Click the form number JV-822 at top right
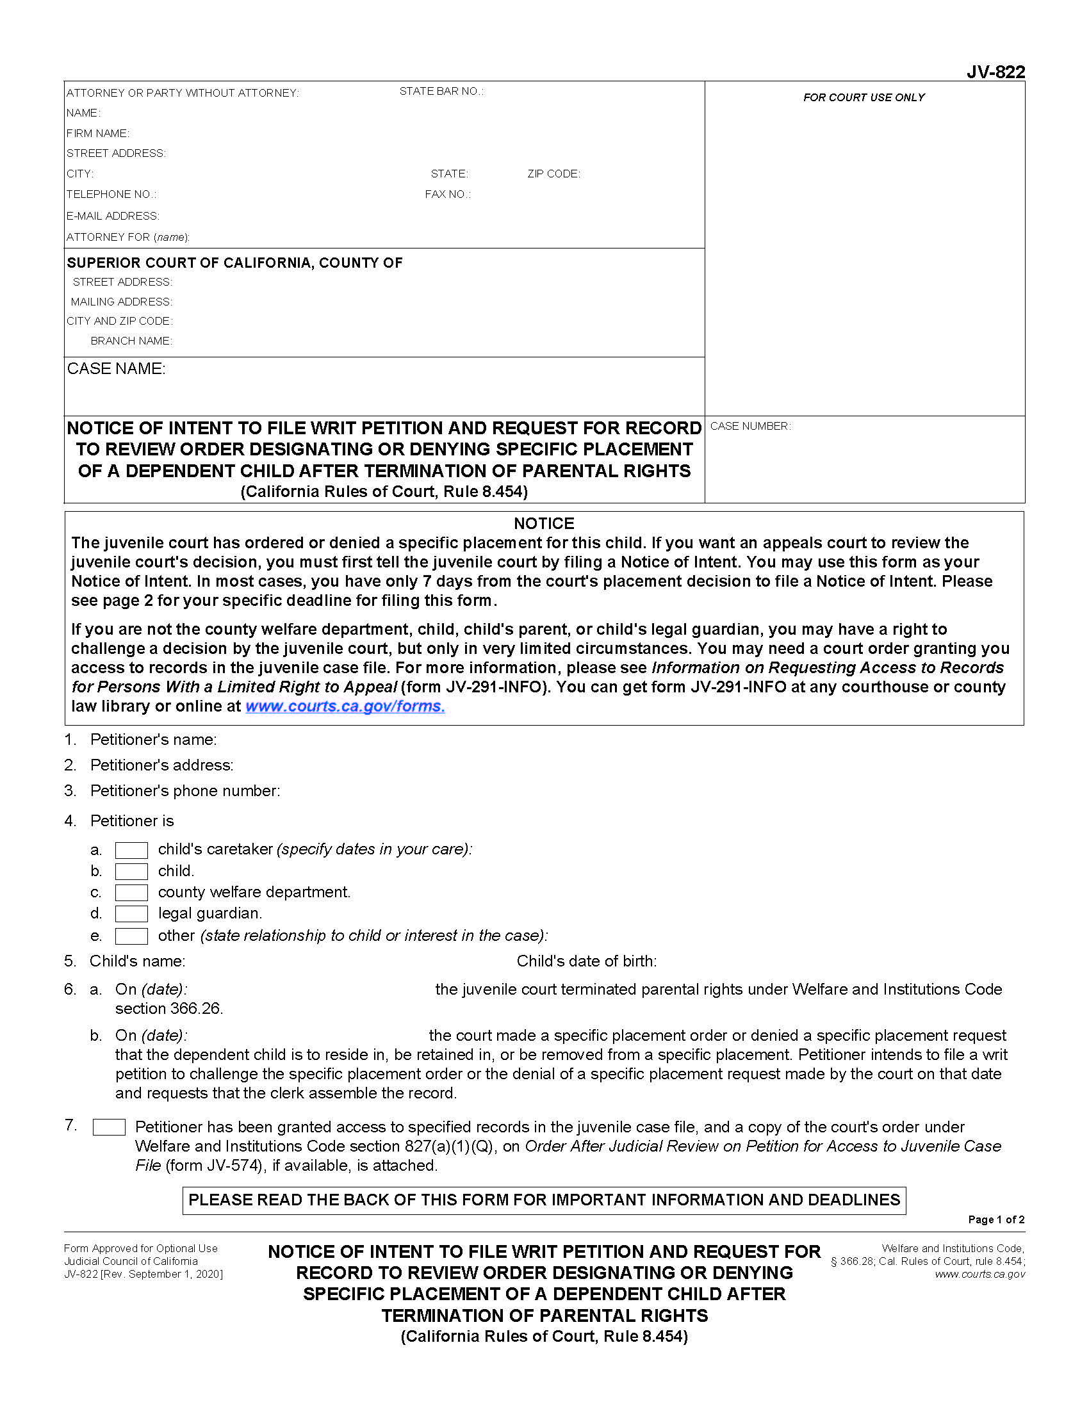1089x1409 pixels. tap(995, 72)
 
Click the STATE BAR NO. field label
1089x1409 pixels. tap(441, 92)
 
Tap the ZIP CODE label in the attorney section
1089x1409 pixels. tap(553, 174)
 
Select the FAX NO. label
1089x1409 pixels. tap(447, 194)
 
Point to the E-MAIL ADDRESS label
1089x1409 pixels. tap(112, 216)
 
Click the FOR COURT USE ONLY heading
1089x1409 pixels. tap(864, 97)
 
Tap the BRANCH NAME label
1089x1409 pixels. tap(131, 341)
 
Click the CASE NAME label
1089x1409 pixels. tap(116, 368)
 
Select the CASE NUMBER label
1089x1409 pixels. tap(749, 426)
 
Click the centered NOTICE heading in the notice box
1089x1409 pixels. tap(543, 523)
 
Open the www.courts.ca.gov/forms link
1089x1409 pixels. tap(345, 706)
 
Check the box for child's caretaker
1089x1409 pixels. tap(131, 851)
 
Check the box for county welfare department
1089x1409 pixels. tap(131, 893)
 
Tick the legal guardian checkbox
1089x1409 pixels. tap(131, 914)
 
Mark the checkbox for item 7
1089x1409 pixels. tap(109, 1127)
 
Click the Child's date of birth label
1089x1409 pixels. tap(585, 961)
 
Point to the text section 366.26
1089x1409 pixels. tap(169, 1008)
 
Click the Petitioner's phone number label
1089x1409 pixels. tap(184, 791)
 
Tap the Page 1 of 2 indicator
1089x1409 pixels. tap(995, 1219)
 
